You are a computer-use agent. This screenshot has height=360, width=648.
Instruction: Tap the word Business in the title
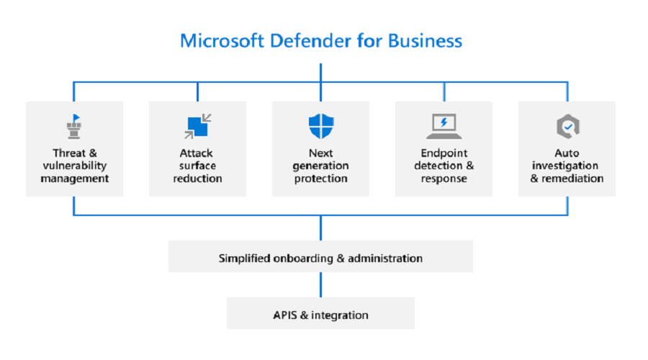point(425,40)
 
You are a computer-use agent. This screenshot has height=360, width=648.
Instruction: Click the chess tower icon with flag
point(74,127)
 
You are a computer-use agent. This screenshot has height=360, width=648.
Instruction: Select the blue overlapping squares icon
point(197,126)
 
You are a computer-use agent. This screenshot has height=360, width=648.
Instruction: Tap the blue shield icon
point(320,126)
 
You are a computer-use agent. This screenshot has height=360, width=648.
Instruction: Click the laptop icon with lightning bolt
point(444,127)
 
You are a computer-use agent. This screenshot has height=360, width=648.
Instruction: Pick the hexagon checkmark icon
point(567,127)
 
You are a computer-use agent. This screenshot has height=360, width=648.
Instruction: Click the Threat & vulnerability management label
point(74,166)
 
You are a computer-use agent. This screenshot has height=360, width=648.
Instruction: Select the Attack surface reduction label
point(197,166)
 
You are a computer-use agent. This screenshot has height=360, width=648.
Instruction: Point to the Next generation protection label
point(320,166)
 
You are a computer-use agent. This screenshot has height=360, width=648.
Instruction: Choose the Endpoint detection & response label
point(444,166)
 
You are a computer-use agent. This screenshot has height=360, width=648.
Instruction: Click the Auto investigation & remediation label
point(567,166)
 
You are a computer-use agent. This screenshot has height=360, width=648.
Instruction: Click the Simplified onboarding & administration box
point(320,257)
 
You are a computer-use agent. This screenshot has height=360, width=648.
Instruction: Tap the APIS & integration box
point(320,315)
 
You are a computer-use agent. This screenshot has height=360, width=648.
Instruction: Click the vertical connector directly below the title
point(320,72)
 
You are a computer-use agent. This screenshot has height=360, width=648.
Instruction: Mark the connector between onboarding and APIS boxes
point(320,284)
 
